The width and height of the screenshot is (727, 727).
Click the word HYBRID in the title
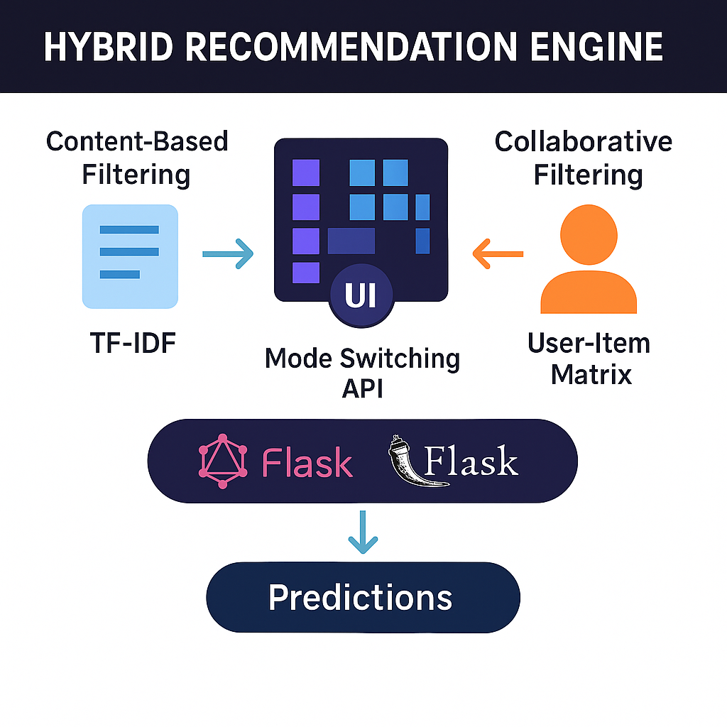pyautogui.click(x=109, y=47)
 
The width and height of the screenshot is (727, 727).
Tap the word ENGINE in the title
pyautogui.click(x=596, y=47)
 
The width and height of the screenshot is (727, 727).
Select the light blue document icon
pyautogui.click(x=131, y=256)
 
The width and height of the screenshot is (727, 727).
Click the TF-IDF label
pyautogui.click(x=133, y=343)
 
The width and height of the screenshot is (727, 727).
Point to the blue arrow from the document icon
pyautogui.click(x=228, y=253)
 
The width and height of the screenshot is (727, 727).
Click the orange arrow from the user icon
pyautogui.click(x=498, y=253)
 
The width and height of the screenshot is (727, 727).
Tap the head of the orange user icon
pyautogui.click(x=589, y=234)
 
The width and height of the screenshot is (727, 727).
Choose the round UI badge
pyautogui.click(x=361, y=295)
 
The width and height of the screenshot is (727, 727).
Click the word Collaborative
pyautogui.click(x=584, y=141)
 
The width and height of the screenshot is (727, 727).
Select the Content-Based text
pyautogui.click(x=137, y=141)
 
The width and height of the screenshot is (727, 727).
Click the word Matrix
pyautogui.click(x=591, y=374)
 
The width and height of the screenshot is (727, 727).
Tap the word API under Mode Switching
pyautogui.click(x=363, y=388)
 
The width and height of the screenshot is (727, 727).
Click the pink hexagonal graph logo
pyautogui.click(x=222, y=461)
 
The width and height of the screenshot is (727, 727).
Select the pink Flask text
pyautogui.click(x=307, y=462)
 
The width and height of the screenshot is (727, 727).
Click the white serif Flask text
pyautogui.click(x=471, y=460)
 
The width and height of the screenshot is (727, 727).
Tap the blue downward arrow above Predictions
pyautogui.click(x=363, y=532)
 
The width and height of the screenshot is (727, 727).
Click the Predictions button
pyautogui.click(x=363, y=597)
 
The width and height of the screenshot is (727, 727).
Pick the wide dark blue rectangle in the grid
pyautogui.click(x=351, y=241)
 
